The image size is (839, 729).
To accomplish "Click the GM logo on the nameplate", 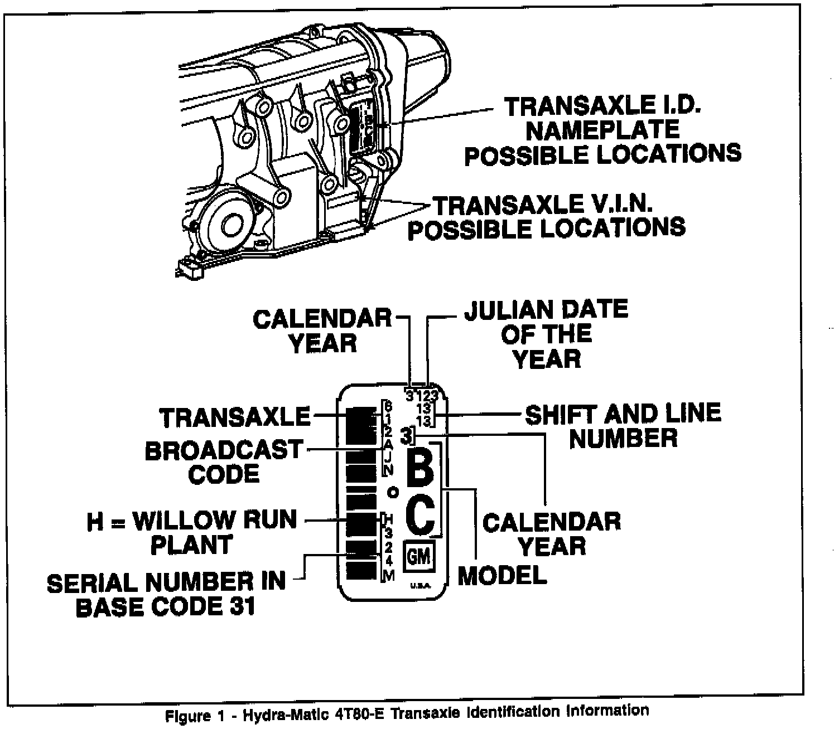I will (420, 556).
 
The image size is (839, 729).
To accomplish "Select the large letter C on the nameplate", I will (420, 516).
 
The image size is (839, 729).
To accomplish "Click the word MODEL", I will (502, 575).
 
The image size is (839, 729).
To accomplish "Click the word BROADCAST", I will (223, 450).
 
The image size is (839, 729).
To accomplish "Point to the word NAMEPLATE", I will (602, 129).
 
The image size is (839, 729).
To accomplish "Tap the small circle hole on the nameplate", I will (393, 492).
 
